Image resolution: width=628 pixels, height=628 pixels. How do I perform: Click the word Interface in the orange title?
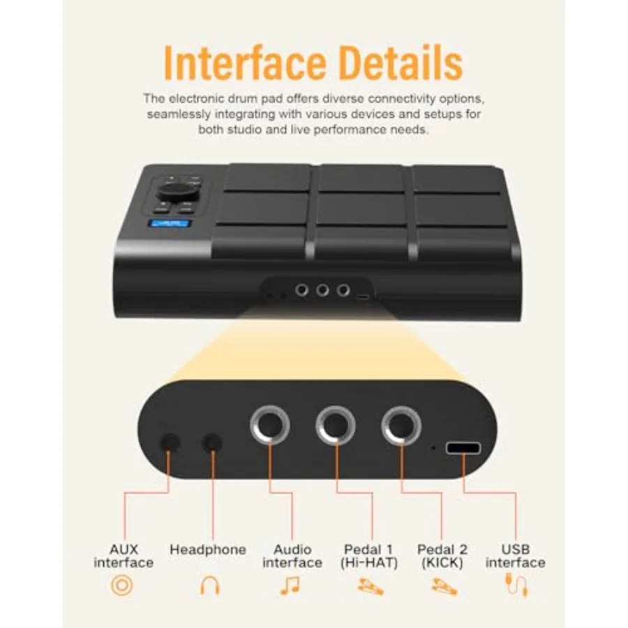click(x=245, y=63)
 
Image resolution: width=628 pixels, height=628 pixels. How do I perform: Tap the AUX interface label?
click(x=124, y=556)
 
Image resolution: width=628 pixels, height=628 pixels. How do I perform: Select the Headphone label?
click(x=208, y=550)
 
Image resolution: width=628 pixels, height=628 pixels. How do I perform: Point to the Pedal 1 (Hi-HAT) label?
click(x=369, y=556)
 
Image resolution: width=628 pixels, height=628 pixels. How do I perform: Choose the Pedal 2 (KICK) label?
click(x=442, y=556)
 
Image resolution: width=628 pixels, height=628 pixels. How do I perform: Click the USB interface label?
click(x=516, y=556)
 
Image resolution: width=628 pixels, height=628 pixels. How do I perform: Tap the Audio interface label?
click(x=292, y=556)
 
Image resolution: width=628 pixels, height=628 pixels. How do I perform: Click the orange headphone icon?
click(x=209, y=585)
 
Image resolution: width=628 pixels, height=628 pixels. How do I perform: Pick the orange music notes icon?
click(x=290, y=585)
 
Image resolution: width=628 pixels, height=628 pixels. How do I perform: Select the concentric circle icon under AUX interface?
click(x=121, y=585)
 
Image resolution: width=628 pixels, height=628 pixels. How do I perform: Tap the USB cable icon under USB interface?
click(x=516, y=585)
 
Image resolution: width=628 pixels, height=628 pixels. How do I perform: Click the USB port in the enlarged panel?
click(x=463, y=448)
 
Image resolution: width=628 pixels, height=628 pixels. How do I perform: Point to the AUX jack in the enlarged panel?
click(x=170, y=443)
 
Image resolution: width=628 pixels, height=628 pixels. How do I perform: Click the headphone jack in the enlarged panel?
click(x=212, y=443)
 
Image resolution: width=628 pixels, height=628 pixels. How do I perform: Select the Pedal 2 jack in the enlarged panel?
click(x=401, y=426)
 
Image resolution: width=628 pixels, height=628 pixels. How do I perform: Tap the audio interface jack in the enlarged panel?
click(x=270, y=426)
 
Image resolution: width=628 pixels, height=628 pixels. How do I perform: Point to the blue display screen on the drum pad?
click(x=170, y=224)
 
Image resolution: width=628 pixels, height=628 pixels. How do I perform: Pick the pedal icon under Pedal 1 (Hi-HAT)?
click(x=371, y=587)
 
